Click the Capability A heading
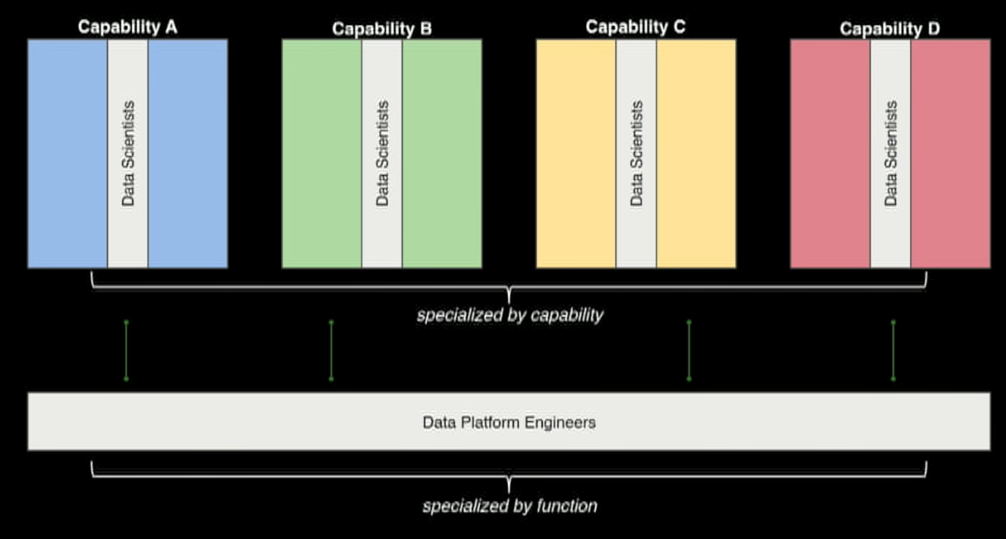tap(127, 27)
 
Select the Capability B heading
tap(382, 29)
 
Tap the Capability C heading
tap(635, 27)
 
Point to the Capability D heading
tap(889, 29)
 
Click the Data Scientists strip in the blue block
tap(128, 153)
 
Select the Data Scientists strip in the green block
tap(382, 153)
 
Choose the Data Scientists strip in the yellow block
tap(636, 153)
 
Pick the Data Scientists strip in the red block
tap(890, 153)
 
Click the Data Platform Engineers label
tap(509, 422)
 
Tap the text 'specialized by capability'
tap(509, 315)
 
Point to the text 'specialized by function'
tap(509, 506)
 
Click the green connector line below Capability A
tap(127, 351)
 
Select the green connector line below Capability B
tap(331, 351)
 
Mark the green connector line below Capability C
tap(689, 351)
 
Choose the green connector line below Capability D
tap(894, 351)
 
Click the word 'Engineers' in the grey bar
tap(560, 422)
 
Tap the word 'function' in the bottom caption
tap(567, 506)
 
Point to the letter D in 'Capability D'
tap(933, 29)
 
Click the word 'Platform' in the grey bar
tap(490, 422)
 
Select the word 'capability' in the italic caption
tap(567, 315)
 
